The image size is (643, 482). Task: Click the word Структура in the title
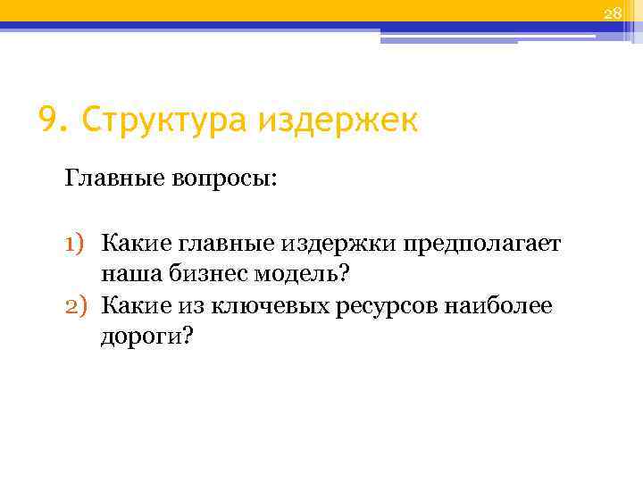coord(162,120)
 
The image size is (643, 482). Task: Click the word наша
coord(129,274)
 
